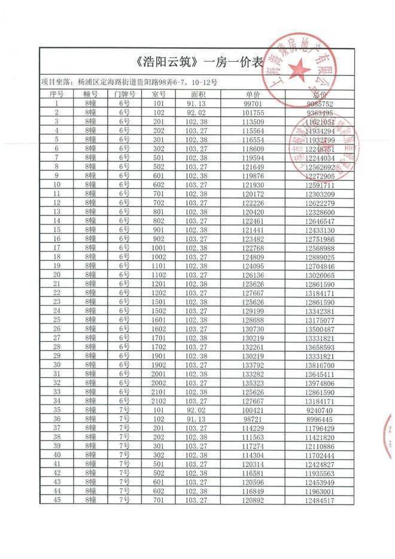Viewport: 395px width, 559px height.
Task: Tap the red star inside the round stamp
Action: (300, 71)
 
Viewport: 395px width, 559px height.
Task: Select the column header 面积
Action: (199, 95)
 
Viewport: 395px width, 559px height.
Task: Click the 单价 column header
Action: (253, 95)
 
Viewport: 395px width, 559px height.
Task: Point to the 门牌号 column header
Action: (124, 95)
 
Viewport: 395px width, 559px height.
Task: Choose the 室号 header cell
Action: (159, 95)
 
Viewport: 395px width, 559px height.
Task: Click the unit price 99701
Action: (253, 104)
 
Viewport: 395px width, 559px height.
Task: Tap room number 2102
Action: (159, 401)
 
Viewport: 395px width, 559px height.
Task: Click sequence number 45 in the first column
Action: (57, 500)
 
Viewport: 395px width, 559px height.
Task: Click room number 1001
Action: (159, 248)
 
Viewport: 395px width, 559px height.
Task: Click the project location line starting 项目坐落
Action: (129, 81)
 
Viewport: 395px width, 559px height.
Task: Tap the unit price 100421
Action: (253, 410)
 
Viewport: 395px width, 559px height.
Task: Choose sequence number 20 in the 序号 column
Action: (57, 275)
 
